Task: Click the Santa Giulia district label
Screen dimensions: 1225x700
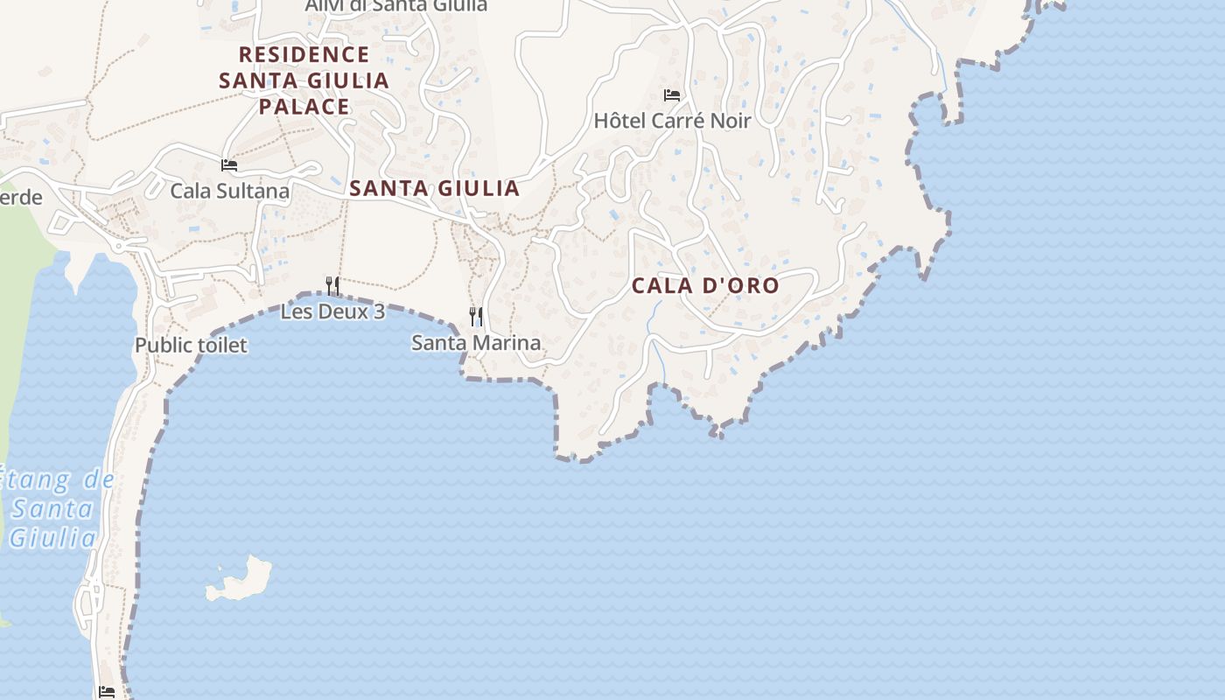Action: click(x=434, y=188)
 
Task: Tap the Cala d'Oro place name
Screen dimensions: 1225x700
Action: click(x=705, y=285)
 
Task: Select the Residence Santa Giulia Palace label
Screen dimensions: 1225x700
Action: click(x=304, y=80)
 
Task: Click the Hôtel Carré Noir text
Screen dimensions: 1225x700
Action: click(x=672, y=121)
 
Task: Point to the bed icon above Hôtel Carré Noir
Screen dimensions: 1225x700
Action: click(x=672, y=94)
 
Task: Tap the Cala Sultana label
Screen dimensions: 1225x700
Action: click(x=229, y=191)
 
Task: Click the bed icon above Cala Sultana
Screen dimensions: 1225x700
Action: click(x=229, y=164)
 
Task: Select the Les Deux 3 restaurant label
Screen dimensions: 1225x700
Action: click(x=332, y=311)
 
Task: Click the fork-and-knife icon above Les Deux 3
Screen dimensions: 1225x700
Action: click(x=332, y=285)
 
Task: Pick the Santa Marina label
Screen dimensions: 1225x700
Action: click(x=476, y=343)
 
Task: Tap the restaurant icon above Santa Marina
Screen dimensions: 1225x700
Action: click(x=476, y=316)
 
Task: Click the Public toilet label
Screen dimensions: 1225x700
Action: click(x=191, y=346)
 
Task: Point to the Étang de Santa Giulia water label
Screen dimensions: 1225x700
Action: click(x=54, y=509)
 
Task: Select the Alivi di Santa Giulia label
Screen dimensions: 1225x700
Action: click(x=395, y=5)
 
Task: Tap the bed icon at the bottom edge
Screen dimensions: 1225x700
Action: click(x=107, y=692)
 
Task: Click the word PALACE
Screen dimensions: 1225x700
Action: click(x=304, y=107)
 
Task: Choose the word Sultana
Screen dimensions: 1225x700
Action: click(x=255, y=191)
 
